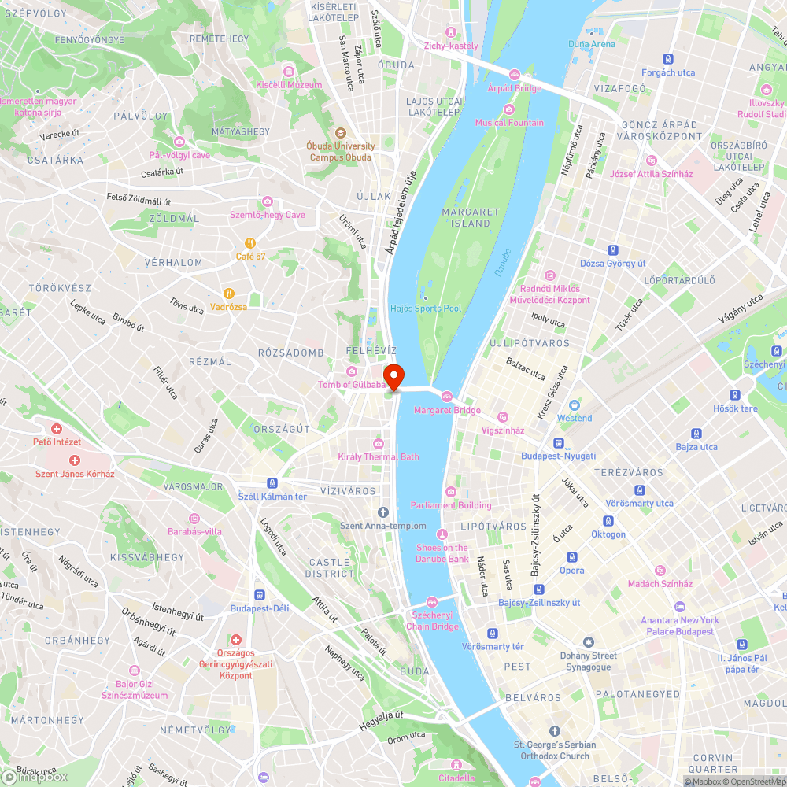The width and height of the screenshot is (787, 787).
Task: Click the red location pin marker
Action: tap(393, 377)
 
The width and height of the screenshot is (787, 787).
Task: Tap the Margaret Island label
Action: tap(471, 217)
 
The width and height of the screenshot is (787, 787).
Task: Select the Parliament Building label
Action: tap(451, 505)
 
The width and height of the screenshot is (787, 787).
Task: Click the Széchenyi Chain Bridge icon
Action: tap(431, 600)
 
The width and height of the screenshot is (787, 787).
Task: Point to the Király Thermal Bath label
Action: tap(379, 456)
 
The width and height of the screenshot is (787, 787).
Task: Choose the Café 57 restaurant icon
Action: tap(250, 243)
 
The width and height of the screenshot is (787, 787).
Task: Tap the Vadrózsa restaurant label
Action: tap(229, 306)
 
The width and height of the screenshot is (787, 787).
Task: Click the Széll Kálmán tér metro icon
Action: tap(272, 483)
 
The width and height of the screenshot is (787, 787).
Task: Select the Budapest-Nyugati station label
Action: tap(558, 456)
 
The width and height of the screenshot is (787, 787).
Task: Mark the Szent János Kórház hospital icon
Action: tap(75, 460)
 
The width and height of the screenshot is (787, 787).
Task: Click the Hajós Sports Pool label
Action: tap(426, 309)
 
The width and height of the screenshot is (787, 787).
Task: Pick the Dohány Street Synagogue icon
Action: tap(588, 642)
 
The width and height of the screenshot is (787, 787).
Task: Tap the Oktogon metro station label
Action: tap(608, 534)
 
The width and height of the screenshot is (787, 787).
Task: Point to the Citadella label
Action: tap(456, 778)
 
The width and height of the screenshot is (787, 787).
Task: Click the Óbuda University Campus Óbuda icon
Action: tap(341, 132)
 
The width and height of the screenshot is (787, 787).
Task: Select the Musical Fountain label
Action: tap(508, 123)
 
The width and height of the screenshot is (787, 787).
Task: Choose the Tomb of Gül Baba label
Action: tap(352, 385)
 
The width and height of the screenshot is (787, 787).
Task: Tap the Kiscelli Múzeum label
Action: tap(289, 85)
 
